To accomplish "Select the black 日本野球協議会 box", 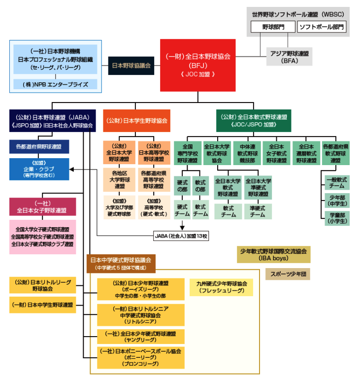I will [131, 65].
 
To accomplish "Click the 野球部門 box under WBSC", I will [273, 27].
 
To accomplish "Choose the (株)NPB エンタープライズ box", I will [55, 84].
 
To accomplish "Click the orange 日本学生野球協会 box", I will [137, 120].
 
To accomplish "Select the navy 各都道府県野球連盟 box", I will [39, 146].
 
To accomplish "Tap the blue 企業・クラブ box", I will [39, 169].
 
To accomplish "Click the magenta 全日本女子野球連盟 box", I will [42, 206].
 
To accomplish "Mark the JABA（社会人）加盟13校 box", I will [181, 236].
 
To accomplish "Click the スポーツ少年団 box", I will [287, 274].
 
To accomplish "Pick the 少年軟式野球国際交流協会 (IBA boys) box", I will [273, 254].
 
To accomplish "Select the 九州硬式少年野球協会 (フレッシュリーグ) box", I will [221, 287].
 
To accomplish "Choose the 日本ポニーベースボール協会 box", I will [140, 357].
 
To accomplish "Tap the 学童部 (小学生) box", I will [337, 217].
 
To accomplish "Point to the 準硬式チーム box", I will [258, 211].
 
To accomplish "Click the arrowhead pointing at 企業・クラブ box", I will [72, 170].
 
